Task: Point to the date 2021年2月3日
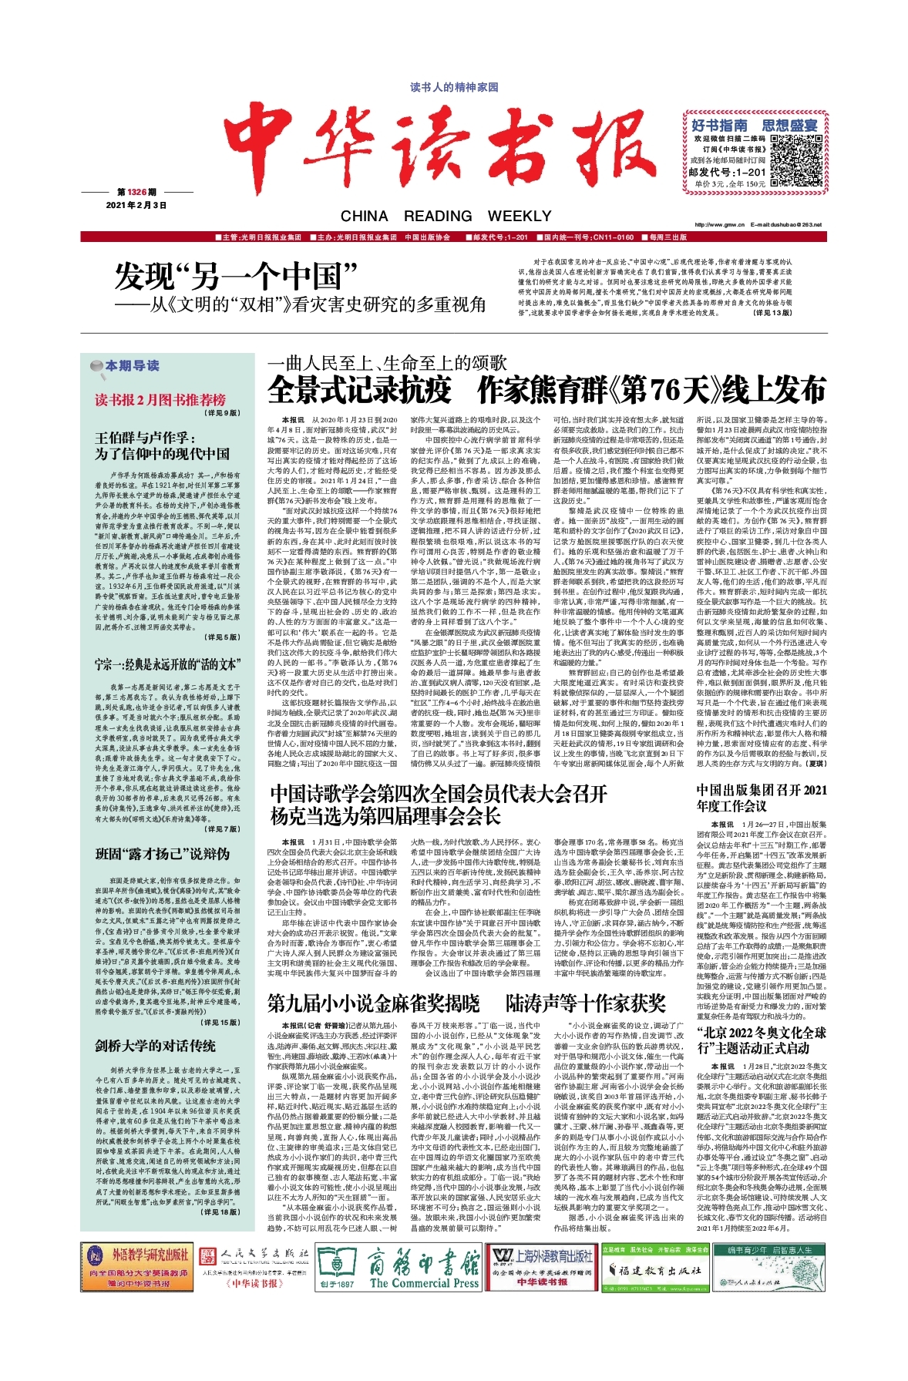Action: click(x=136, y=205)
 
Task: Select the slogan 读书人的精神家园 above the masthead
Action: click(x=454, y=88)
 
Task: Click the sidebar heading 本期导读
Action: click(x=131, y=365)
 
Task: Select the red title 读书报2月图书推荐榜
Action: click(x=160, y=399)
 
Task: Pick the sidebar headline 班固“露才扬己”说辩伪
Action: click(x=162, y=854)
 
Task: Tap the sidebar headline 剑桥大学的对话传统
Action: click(x=155, y=1045)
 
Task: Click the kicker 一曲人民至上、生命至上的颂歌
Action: click(x=387, y=362)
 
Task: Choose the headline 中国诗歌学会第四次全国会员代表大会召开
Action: click(x=438, y=794)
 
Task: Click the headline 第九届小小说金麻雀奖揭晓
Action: click(x=373, y=1003)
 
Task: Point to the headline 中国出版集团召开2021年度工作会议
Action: click(x=762, y=798)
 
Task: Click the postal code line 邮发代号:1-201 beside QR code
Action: click(x=727, y=173)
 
